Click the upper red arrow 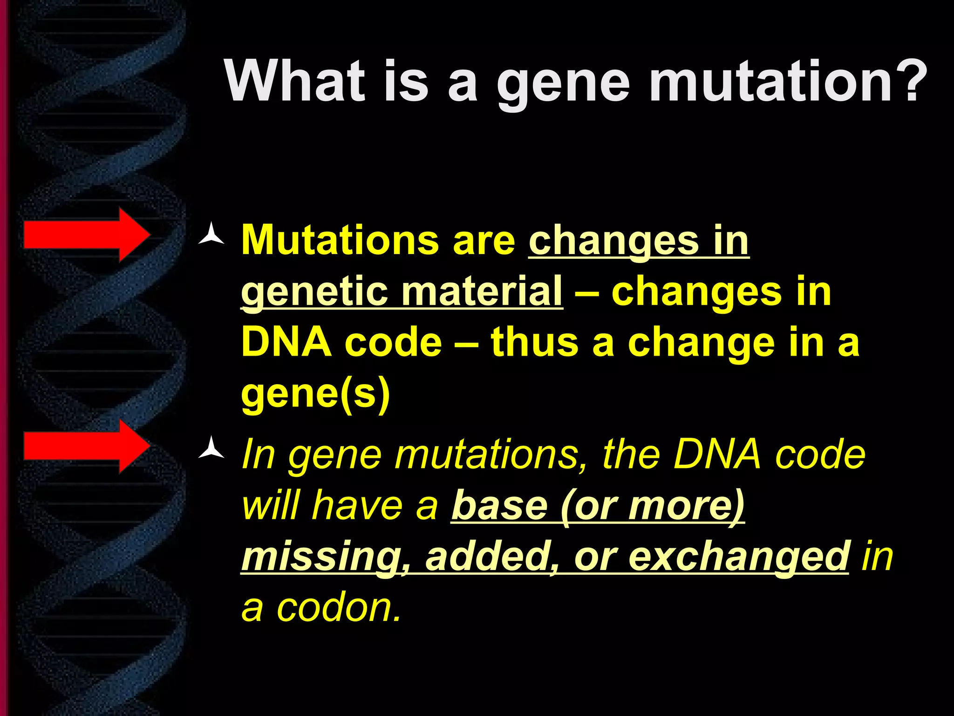[x=87, y=234]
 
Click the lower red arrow [x=87, y=446]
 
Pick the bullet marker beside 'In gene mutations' [x=211, y=448]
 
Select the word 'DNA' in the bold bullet [x=286, y=342]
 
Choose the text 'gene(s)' [x=315, y=394]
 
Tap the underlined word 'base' [x=499, y=506]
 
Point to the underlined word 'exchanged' [x=739, y=557]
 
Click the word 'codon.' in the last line [x=339, y=608]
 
